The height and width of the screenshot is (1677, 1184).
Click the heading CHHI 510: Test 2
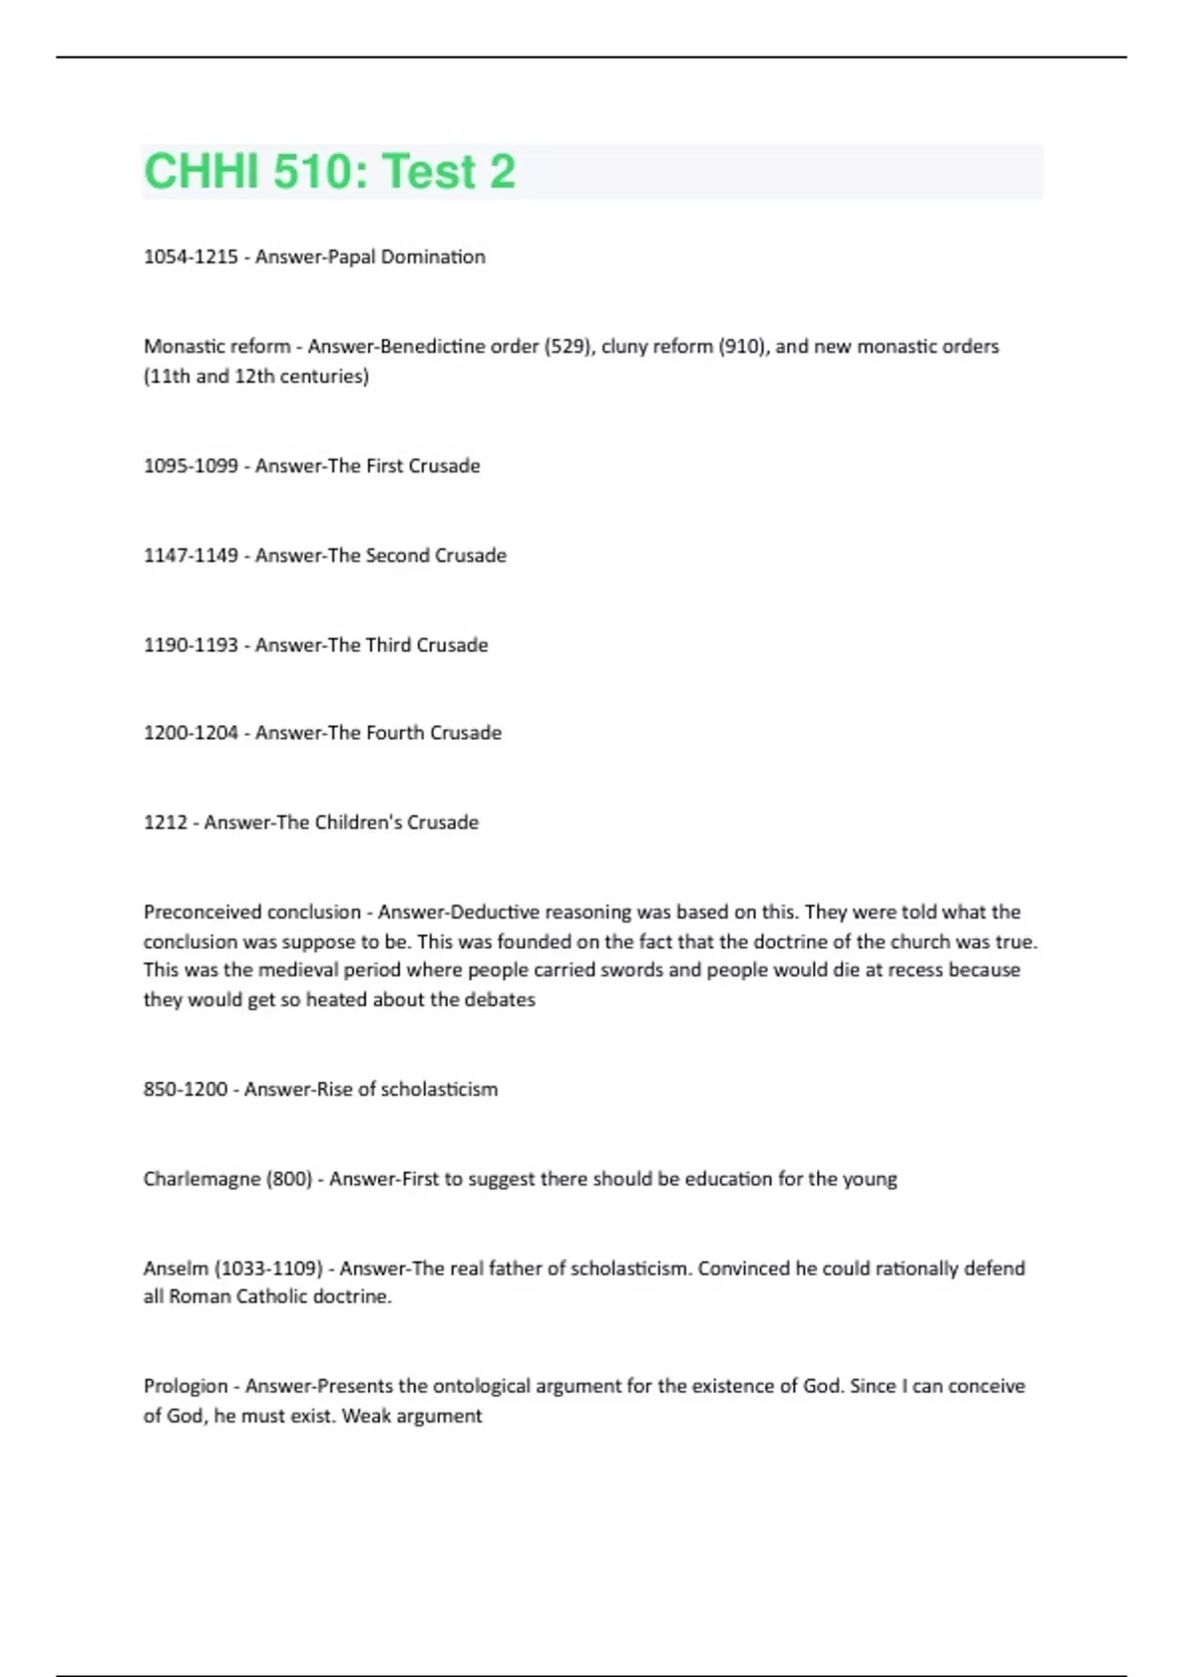pos(330,172)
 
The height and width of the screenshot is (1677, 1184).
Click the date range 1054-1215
pos(190,256)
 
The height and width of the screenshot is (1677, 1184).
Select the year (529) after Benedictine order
pos(567,346)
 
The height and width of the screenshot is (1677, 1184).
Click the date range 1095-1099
pos(190,466)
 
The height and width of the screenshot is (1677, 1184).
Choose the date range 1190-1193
pos(190,645)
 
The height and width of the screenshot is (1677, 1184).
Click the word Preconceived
pos(202,912)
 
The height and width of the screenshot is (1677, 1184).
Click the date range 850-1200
pos(185,1089)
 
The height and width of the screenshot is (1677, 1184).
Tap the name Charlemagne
pos(201,1179)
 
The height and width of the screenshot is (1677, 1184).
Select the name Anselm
pos(176,1269)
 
